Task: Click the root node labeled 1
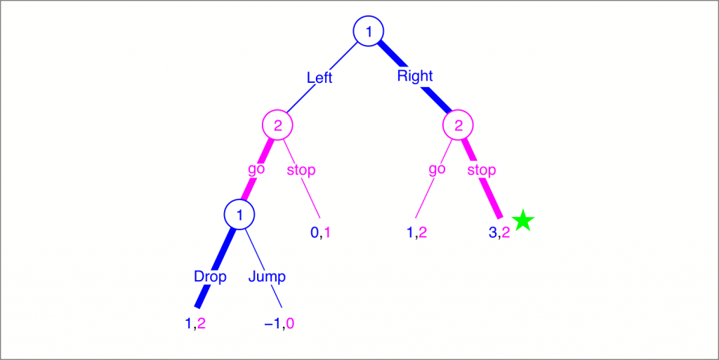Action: click(369, 31)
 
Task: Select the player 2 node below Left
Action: click(277, 126)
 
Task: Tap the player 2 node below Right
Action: click(459, 126)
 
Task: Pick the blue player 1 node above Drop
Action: click(239, 215)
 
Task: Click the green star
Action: click(522, 222)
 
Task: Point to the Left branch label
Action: click(319, 77)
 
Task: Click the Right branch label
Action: click(415, 76)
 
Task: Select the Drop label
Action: click(211, 276)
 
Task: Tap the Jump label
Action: click(267, 276)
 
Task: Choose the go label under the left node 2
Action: click(256, 169)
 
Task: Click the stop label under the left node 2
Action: click(301, 170)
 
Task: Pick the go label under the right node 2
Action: click(437, 169)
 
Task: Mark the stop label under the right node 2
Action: click(482, 170)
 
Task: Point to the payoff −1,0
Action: click(279, 324)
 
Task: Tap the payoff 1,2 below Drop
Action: click(194, 324)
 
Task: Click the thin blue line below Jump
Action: click(276, 298)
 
